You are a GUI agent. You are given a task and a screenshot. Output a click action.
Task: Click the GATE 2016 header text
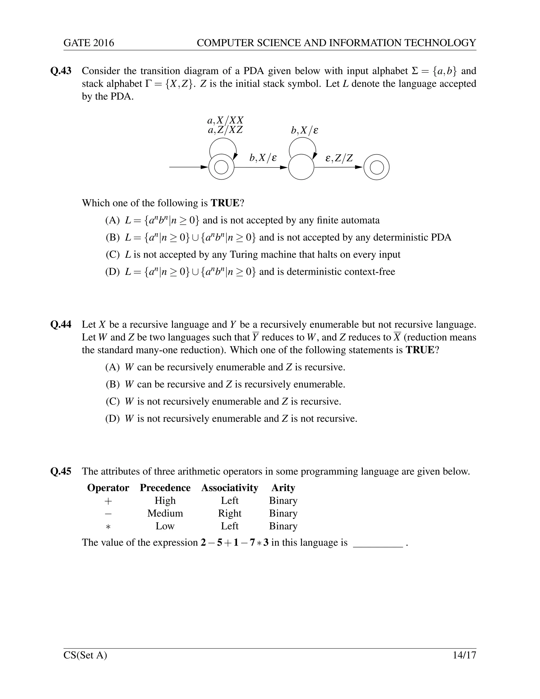(x=89, y=43)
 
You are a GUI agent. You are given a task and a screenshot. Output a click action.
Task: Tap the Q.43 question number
(x=61, y=71)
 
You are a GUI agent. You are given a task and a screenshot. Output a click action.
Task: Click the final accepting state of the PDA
(x=377, y=167)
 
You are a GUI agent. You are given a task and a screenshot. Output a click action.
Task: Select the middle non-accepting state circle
(x=301, y=167)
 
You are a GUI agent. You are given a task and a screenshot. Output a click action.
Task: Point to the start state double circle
(x=221, y=167)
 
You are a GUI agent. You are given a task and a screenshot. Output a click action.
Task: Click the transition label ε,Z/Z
(x=339, y=158)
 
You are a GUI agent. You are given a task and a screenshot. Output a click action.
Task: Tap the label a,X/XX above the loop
(x=225, y=120)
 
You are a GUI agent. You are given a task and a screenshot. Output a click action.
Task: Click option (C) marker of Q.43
(x=113, y=255)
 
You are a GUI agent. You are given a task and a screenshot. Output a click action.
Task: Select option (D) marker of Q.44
(x=113, y=419)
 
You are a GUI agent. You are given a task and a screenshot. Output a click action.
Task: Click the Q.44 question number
(x=61, y=324)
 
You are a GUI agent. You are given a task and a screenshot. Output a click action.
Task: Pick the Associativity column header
(x=229, y=487)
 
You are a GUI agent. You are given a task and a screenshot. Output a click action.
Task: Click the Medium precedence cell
(x=165, y=513)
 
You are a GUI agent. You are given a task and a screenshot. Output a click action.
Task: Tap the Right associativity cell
(x=229, y=513)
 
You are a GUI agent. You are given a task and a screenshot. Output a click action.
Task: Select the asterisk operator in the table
(x=108, y=526)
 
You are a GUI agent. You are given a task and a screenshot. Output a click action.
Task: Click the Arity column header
(x=283, y=487)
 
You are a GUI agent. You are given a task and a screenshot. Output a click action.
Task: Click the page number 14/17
(x=464, y=655)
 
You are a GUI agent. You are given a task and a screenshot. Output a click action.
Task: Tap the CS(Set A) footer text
(x=85, y=655)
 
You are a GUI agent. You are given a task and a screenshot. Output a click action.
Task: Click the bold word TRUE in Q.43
(x=225, y=203)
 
